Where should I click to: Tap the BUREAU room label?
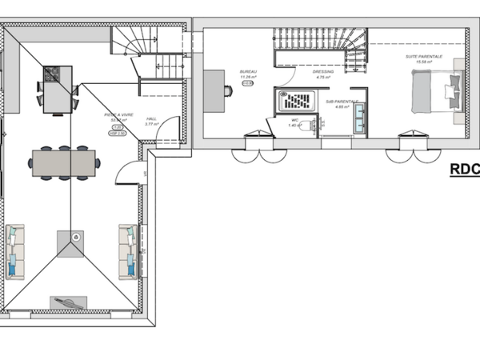point(248,72)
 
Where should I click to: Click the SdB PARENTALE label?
point(341,102)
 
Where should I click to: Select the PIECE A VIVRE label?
point(117,115)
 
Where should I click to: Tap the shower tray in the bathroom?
point(298,100)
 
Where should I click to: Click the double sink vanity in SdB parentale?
point(359,117)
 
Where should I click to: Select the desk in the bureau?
point(214,90)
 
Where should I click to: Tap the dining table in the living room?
point(64,162)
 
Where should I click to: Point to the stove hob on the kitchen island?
point(51,74)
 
